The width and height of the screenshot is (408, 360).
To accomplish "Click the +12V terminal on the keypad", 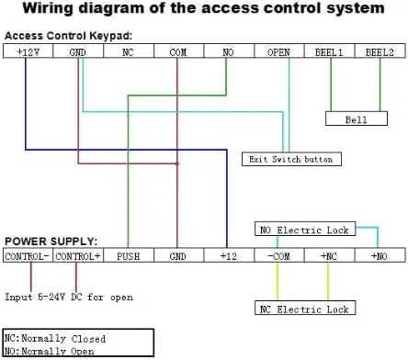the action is (x=28, y=51).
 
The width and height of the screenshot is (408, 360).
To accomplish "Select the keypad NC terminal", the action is (x=129, y=51).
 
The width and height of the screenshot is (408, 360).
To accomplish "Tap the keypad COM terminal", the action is (x=178, y=51).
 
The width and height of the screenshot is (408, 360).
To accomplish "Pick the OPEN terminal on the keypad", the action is (x=279, y=51).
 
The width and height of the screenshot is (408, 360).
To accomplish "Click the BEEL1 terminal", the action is (x=329, y=51).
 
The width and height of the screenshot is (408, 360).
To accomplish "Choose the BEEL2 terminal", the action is (x=380, y=51).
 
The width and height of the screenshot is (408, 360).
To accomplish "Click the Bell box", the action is (x=357, y=118).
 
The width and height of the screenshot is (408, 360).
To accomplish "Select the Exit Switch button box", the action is (x=291, y=159).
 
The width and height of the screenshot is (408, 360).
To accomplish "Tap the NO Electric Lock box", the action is (x=305, y=229).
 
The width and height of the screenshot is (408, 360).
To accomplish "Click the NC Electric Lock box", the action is (x=305, y=308).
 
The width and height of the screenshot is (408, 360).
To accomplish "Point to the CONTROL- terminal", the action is (x=28, y=255).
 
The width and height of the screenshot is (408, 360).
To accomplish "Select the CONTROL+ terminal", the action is (x=78, y=255).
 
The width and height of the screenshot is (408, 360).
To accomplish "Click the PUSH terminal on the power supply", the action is (x=129, y=255).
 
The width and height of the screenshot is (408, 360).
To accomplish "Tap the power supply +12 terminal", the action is (x=229, y=255).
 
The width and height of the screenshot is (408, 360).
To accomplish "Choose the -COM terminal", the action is (x=279, y=255).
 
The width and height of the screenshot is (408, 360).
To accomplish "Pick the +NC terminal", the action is (x=329, y=255).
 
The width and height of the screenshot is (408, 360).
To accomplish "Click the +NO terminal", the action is (x=380, y=255).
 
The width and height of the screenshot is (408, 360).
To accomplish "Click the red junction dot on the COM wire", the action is (x=177, y=163).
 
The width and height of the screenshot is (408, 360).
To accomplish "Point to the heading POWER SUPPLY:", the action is (x=51, y=242).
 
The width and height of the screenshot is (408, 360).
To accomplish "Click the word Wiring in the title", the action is (x=49, y=8).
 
